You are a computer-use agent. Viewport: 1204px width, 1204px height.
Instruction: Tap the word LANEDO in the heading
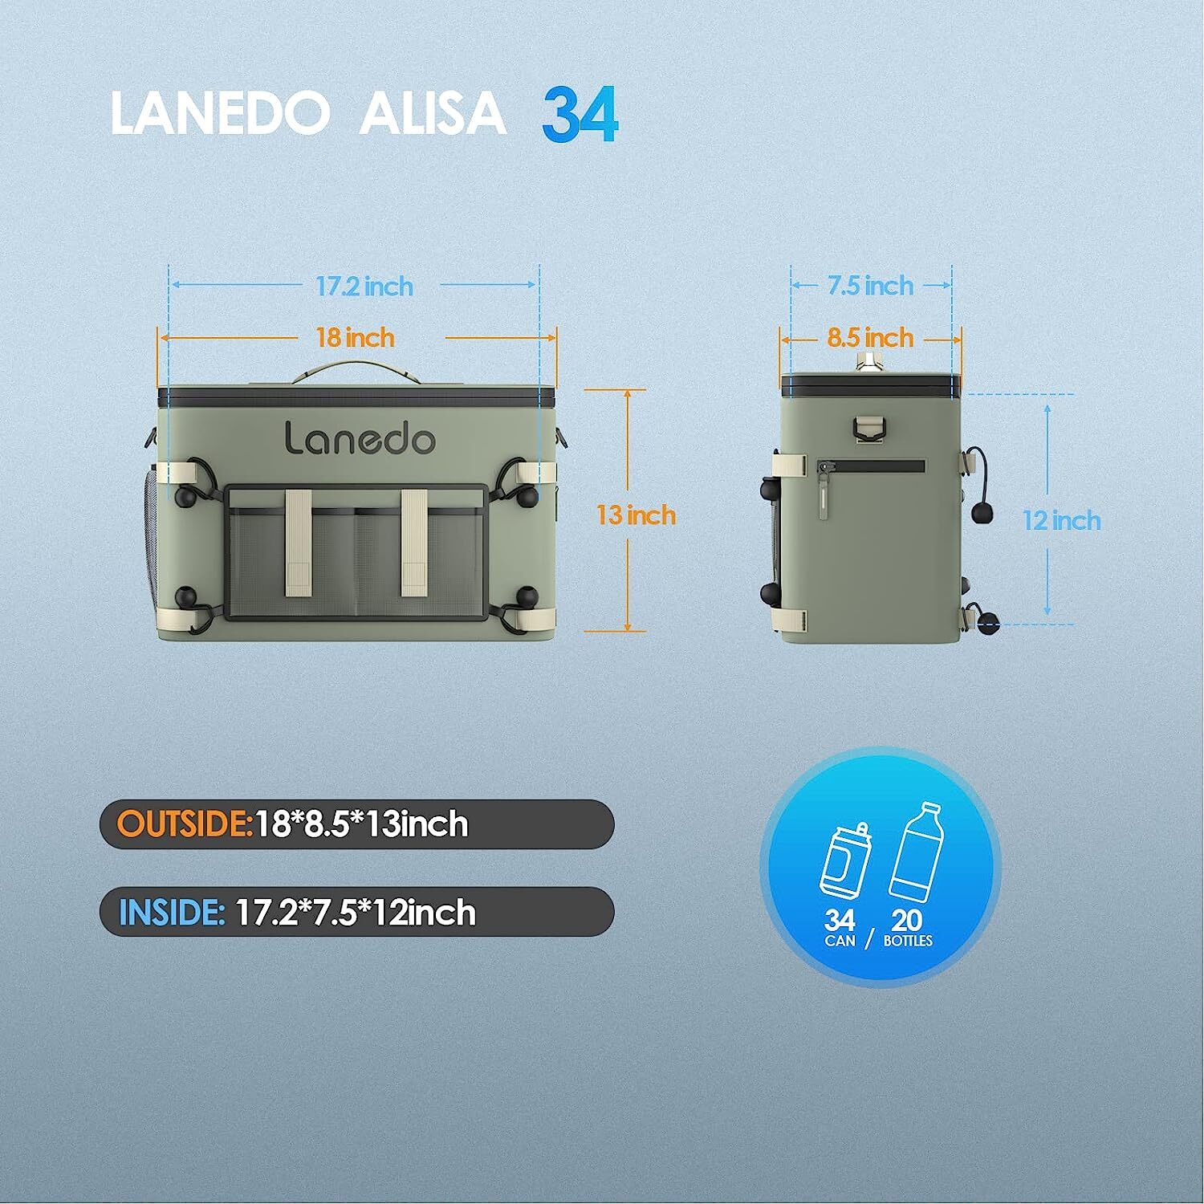[218, 115]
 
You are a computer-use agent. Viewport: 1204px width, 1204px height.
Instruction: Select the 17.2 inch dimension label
[364, 286]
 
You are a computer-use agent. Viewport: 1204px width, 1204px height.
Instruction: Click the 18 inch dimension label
[356, 337]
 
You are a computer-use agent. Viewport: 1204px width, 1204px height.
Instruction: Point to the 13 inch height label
[636, 515]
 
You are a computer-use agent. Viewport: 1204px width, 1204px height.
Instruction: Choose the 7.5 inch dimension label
[871, 285]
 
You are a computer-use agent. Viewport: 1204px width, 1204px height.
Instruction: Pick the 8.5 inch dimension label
[871, 337]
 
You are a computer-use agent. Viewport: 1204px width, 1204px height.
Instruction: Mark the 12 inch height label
[1061, 520]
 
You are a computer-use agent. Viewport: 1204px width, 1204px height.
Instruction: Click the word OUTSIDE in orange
[185, 824]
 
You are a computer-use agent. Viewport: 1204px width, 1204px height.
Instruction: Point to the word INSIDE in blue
[171, 913]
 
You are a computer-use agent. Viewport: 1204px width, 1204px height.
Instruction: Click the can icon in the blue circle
[844, 860]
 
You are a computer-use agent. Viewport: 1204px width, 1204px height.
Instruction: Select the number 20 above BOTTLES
[907, 920]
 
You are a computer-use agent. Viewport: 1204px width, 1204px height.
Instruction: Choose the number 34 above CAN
[840, 920]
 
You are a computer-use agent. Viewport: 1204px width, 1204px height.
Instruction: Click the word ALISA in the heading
[432, 115]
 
